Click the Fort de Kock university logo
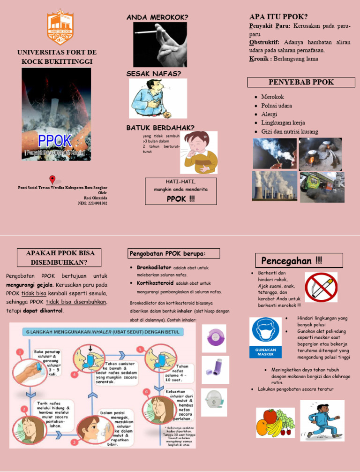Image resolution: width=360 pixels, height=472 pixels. (x=60, y=26)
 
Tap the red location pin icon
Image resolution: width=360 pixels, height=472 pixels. (x=52, y=179)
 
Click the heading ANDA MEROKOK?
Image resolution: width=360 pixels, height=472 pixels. (x=157, y=17)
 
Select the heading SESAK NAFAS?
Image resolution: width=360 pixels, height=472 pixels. (x=153, y=74)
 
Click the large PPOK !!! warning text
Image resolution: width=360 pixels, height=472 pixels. (x=180, y=198)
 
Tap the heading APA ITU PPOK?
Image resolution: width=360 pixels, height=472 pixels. (x=278, y=17)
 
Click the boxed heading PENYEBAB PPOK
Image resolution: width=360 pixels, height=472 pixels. (x=298, y=82)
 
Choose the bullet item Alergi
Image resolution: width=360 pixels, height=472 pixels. (x=270, y=114)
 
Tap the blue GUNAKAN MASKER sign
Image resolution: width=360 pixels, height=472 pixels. (x=265, y=338)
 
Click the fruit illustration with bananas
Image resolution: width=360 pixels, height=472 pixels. (x=275, y=422)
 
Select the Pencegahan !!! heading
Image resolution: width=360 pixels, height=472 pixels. (x=292, y=260)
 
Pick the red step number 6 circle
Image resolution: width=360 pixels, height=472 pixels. (x=147, y=391)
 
